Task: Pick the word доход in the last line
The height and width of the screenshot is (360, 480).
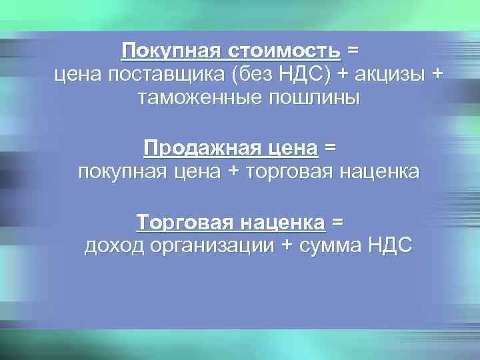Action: tap(115, 245)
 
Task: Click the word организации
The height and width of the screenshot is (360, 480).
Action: tap(213, 245)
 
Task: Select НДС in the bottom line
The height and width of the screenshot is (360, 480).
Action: tap(390, 245)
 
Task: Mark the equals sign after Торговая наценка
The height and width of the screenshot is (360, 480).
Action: tap(338, 221)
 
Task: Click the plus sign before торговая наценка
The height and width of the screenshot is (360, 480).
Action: tap(233, 171)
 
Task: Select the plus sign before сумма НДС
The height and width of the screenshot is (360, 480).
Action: tap(287, 245)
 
